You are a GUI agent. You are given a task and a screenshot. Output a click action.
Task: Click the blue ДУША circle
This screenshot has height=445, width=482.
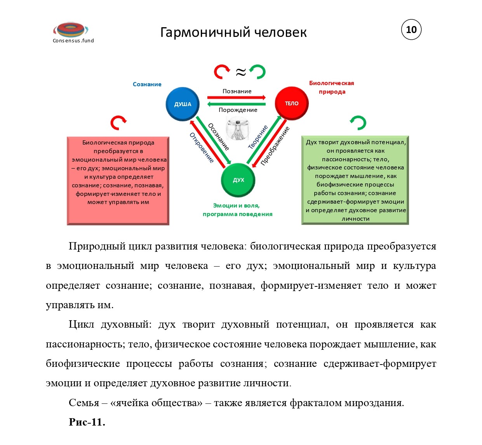coord(183,104)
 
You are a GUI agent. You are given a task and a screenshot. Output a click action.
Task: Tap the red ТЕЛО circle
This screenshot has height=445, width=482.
coord(291,103)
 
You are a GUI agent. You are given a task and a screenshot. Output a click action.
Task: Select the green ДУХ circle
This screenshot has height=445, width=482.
coord(238,180)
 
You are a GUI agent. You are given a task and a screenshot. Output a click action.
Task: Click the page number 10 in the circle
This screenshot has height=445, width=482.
coord(411,30)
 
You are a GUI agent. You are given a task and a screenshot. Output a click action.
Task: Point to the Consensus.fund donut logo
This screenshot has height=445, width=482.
coord(71,30)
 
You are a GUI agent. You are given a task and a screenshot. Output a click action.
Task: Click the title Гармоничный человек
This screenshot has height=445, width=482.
coord(233,32)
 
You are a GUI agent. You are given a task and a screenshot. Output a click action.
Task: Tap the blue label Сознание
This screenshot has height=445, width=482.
coord(147,84)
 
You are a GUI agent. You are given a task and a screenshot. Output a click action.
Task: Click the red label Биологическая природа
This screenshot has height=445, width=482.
coord(332,87)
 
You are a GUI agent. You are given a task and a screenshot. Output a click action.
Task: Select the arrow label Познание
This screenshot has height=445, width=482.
coord(237,91)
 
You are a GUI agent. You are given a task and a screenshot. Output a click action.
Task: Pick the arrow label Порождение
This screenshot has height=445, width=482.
coord(238,110)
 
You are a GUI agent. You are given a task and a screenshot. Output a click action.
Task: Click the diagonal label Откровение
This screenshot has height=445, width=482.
coord(202,148)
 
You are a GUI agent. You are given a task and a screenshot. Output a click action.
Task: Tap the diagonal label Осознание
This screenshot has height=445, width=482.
coord(218,137)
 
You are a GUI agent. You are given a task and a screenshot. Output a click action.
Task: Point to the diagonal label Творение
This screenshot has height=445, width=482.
coord(258,137)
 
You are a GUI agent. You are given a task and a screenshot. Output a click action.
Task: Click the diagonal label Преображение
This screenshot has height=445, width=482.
coord(275,146)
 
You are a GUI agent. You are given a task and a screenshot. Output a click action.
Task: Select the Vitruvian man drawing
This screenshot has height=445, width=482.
coord(237,128)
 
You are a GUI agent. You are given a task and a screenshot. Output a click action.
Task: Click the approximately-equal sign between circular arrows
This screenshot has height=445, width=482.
coord(241,72)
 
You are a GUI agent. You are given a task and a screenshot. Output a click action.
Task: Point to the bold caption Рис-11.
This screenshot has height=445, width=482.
coord(87,422)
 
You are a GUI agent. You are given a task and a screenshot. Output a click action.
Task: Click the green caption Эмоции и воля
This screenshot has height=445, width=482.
coord(236,206)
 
